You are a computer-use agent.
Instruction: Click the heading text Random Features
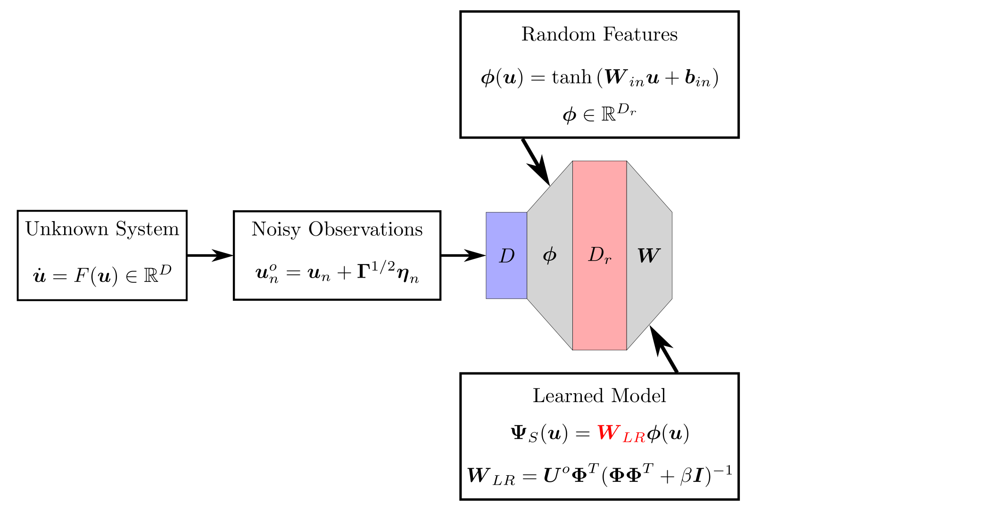tap(599, 34)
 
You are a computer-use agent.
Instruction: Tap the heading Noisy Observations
tap(337, 229)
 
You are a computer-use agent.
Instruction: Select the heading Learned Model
tap(599, 396)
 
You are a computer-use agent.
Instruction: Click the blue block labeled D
tap(506, 255)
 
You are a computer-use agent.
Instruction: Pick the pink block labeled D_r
tap(599, 255)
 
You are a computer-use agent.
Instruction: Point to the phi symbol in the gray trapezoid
tap(549, 255)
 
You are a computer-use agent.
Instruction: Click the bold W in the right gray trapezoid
tap(648, 255)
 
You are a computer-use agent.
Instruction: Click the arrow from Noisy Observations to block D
tap(464, 255)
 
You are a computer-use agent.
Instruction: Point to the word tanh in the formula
tap(571, 77)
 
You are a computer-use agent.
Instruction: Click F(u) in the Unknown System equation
tap(96, 276)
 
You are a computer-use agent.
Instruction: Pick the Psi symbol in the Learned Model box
tap(519, 433)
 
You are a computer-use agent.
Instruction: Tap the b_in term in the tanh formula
tap(697, 78)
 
